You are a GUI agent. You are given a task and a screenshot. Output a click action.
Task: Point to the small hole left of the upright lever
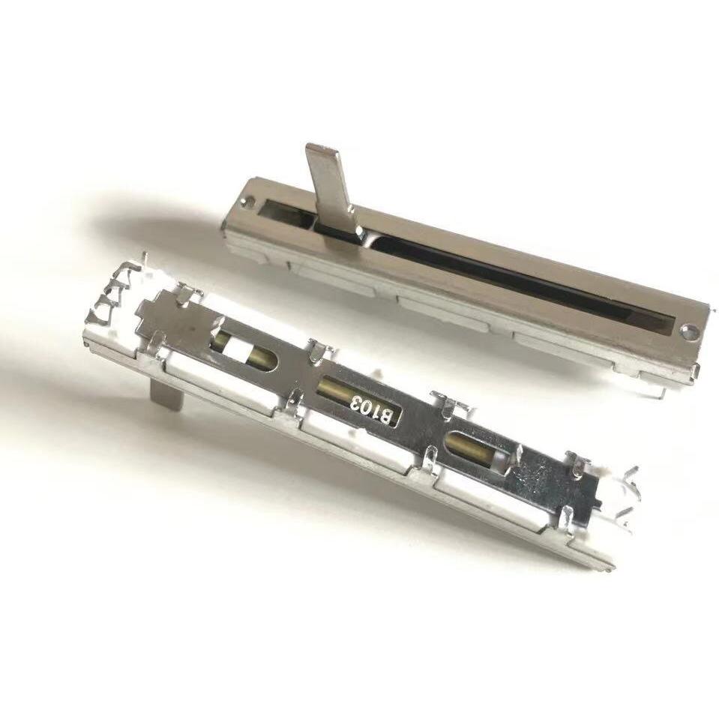[x=251, y=200]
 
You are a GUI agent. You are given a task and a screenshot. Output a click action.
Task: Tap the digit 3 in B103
[x=356, y=402]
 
